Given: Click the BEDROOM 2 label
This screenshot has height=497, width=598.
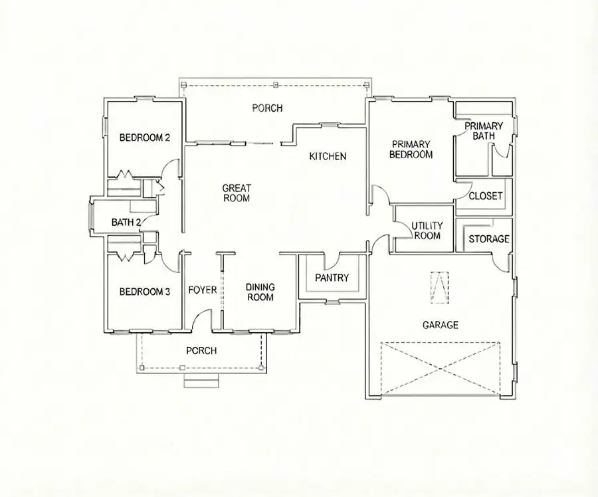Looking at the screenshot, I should click(145, 138).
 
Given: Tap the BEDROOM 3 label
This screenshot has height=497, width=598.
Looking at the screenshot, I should click(145, 292).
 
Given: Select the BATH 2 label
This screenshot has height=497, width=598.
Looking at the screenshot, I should click(126, 223).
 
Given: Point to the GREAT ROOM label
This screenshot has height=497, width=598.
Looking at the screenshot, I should click(236, 193).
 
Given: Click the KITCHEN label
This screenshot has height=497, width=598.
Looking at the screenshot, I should click(328, 157).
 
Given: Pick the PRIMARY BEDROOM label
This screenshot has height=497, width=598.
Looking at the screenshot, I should click(412, 149).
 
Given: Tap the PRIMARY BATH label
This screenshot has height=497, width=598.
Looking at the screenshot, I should click(484, 131).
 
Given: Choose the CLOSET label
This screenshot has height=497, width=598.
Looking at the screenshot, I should click(486, 196).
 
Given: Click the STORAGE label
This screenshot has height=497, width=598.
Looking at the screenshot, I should click(489, 239).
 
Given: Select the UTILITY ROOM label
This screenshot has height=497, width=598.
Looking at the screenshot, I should click(427, 231).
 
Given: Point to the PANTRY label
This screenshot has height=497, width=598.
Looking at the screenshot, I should click(332, 278).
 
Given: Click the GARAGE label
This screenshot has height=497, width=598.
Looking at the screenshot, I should click(441, 325).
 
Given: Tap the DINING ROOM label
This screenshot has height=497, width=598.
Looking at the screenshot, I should click(260, 292).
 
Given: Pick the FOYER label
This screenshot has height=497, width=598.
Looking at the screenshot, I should click(203, 290).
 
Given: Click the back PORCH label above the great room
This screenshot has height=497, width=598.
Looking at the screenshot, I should click(267, 108).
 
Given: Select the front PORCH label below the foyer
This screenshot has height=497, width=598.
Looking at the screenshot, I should click(201, 351).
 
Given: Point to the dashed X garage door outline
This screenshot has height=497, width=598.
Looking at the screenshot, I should click(440, 369).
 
